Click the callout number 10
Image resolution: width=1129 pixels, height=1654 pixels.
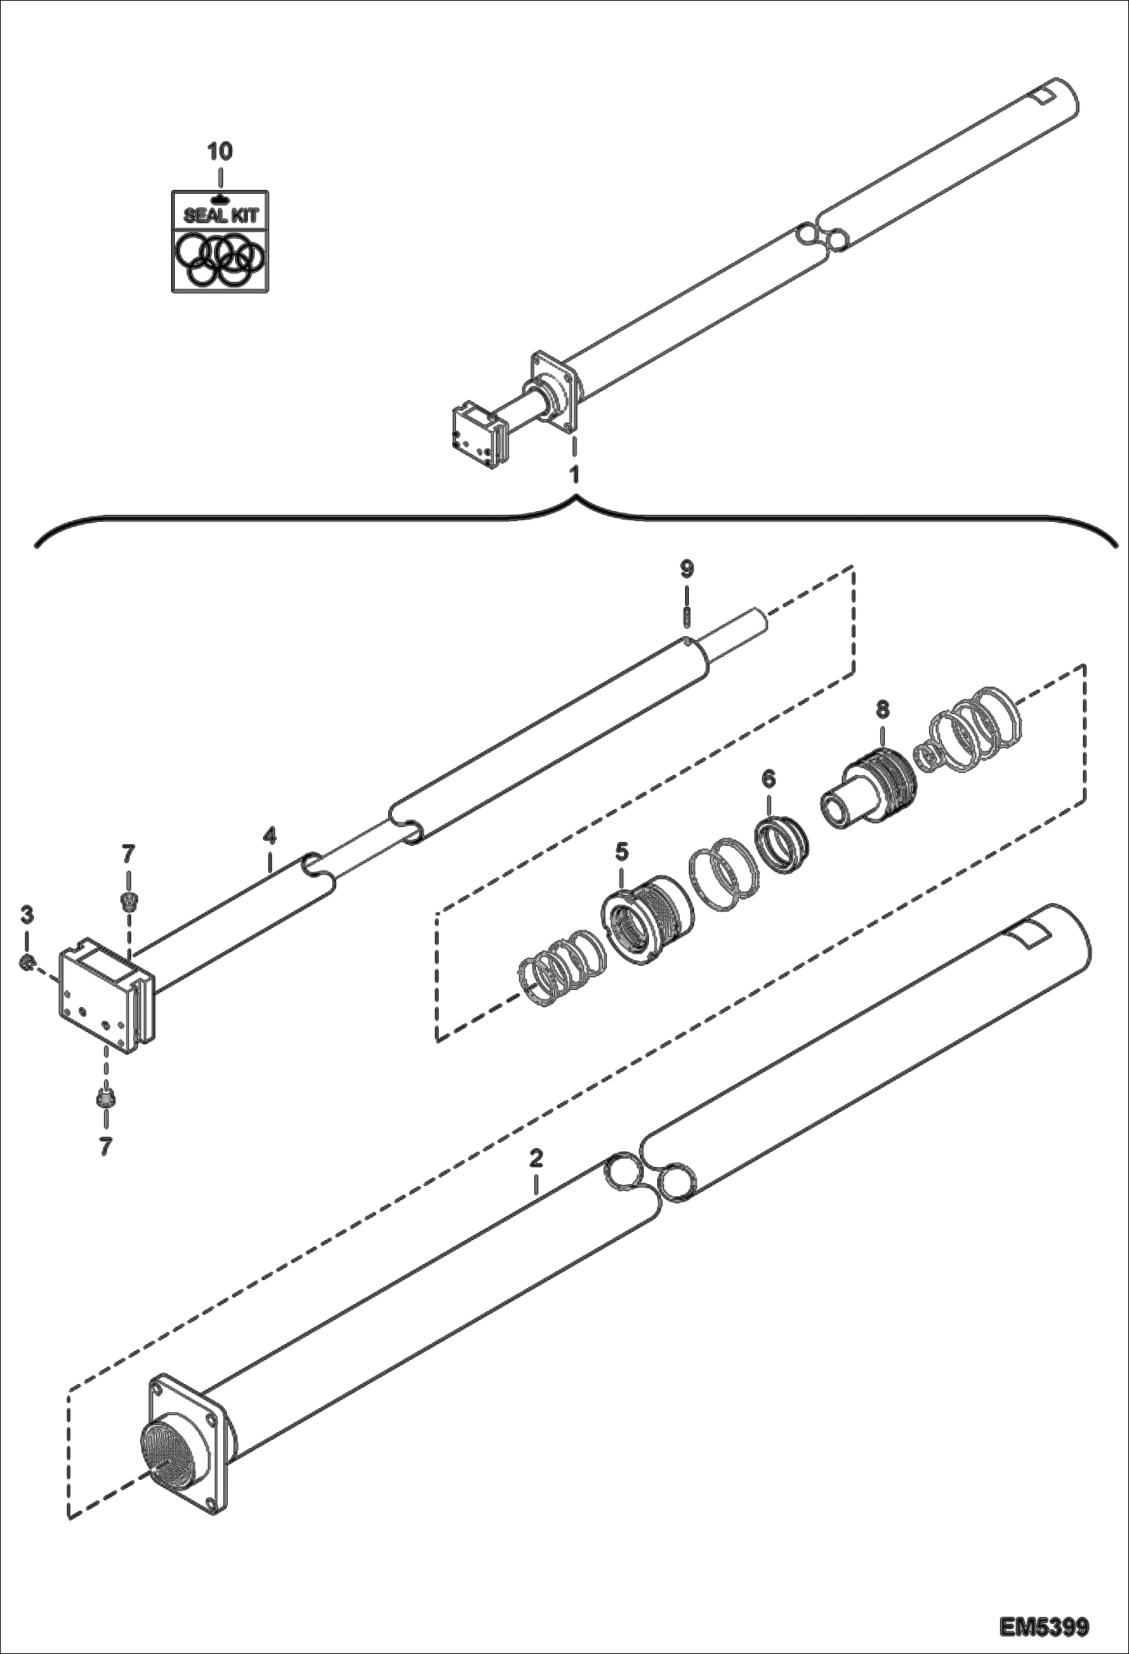click(220, 152)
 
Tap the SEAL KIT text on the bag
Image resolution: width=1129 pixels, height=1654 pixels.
click(221, 216)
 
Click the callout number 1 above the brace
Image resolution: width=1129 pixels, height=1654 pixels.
click(574, 476)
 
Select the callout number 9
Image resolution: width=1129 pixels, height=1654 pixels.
click(687, 569)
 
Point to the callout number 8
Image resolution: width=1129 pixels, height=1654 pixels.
click(883, 709)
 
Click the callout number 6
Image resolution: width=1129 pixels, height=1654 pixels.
click(768, 780)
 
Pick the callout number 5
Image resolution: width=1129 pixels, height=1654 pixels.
click(621, 852)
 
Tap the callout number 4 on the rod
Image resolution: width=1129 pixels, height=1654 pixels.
click(270, 836)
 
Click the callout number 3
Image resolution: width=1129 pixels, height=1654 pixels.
click(26, 915)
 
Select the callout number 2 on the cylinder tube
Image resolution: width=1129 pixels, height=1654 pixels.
click(536, 1158)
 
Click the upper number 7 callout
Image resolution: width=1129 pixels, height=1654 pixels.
click(128, 854)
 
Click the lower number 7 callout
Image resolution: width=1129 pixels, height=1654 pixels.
click(106, 1147)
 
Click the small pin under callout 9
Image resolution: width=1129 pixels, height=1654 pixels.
click(687, 617)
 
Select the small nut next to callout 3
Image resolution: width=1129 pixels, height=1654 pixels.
click(26, 962)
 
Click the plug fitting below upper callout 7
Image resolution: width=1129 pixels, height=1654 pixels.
click(128, 900)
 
